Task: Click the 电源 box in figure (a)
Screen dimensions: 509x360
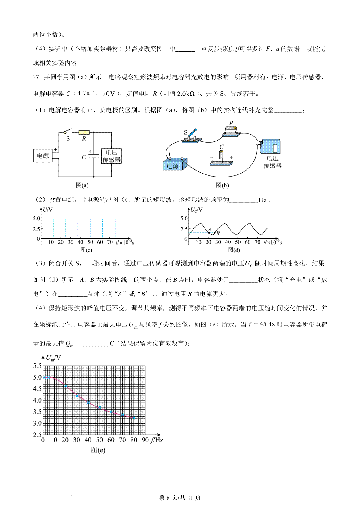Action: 43,156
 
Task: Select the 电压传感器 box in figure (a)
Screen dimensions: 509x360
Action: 111,156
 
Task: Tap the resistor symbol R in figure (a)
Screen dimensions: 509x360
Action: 84,132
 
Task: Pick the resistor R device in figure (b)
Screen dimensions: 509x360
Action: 231,130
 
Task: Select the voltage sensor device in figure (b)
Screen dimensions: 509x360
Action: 271,147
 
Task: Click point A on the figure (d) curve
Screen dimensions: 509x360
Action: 209,233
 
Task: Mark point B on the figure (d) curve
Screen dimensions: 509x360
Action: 214,233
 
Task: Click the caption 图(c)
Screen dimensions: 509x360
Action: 86,250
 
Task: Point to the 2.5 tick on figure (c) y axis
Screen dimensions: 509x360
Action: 36,229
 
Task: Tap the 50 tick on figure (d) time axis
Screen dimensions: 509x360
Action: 238,242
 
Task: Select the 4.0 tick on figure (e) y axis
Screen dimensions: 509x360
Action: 37,400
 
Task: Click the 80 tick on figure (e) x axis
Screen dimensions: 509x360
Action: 134,440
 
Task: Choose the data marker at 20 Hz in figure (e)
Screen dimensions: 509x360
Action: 66,386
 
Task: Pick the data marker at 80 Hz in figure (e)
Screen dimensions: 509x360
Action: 134,418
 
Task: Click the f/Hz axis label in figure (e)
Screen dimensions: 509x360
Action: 157,440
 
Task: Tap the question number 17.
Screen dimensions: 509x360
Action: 36,77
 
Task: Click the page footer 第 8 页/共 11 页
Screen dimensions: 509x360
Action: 180,498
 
